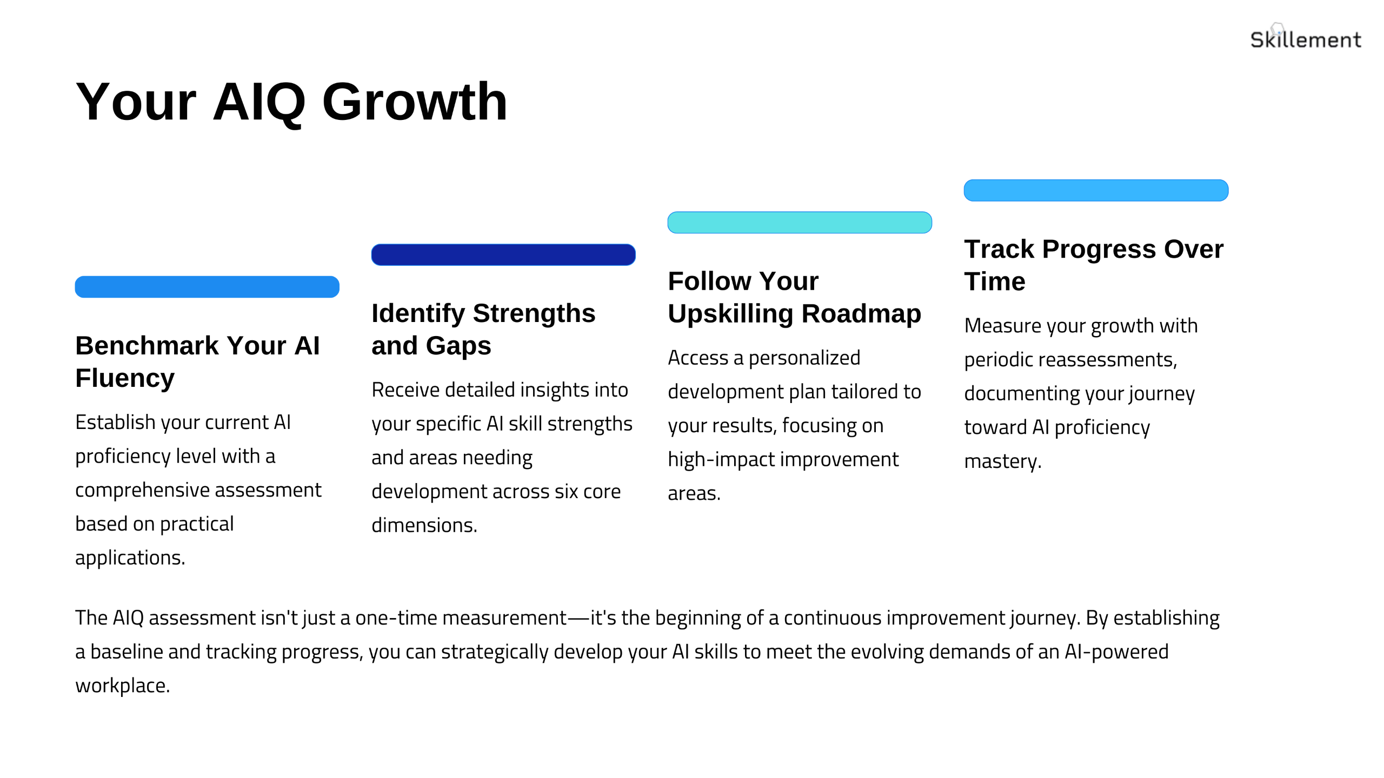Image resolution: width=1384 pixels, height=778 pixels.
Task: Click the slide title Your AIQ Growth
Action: (291, 102)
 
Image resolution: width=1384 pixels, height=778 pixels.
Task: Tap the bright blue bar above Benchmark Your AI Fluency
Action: (207, 287)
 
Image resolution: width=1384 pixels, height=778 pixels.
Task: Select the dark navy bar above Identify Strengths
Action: (503, 254)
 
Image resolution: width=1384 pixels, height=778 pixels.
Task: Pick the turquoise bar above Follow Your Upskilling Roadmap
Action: (800, 223)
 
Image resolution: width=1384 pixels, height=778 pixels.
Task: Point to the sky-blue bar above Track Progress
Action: (1096, 190)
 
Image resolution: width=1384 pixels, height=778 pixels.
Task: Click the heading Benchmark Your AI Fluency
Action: (198, 361)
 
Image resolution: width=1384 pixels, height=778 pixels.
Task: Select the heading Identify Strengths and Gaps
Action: (483, 329)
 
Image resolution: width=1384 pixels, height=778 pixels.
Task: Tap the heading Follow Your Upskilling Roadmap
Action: (794, 297)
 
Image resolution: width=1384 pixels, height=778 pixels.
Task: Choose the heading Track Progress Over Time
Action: (1094, 265)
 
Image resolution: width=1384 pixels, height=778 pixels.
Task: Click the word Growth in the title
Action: (415, 102)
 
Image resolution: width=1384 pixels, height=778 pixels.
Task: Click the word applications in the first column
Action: (130, 558)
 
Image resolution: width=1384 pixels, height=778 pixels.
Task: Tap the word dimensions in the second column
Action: (424, 526)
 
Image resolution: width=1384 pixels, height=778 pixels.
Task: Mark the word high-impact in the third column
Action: (722, 460)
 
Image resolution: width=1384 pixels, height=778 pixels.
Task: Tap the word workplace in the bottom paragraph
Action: (122, 686)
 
